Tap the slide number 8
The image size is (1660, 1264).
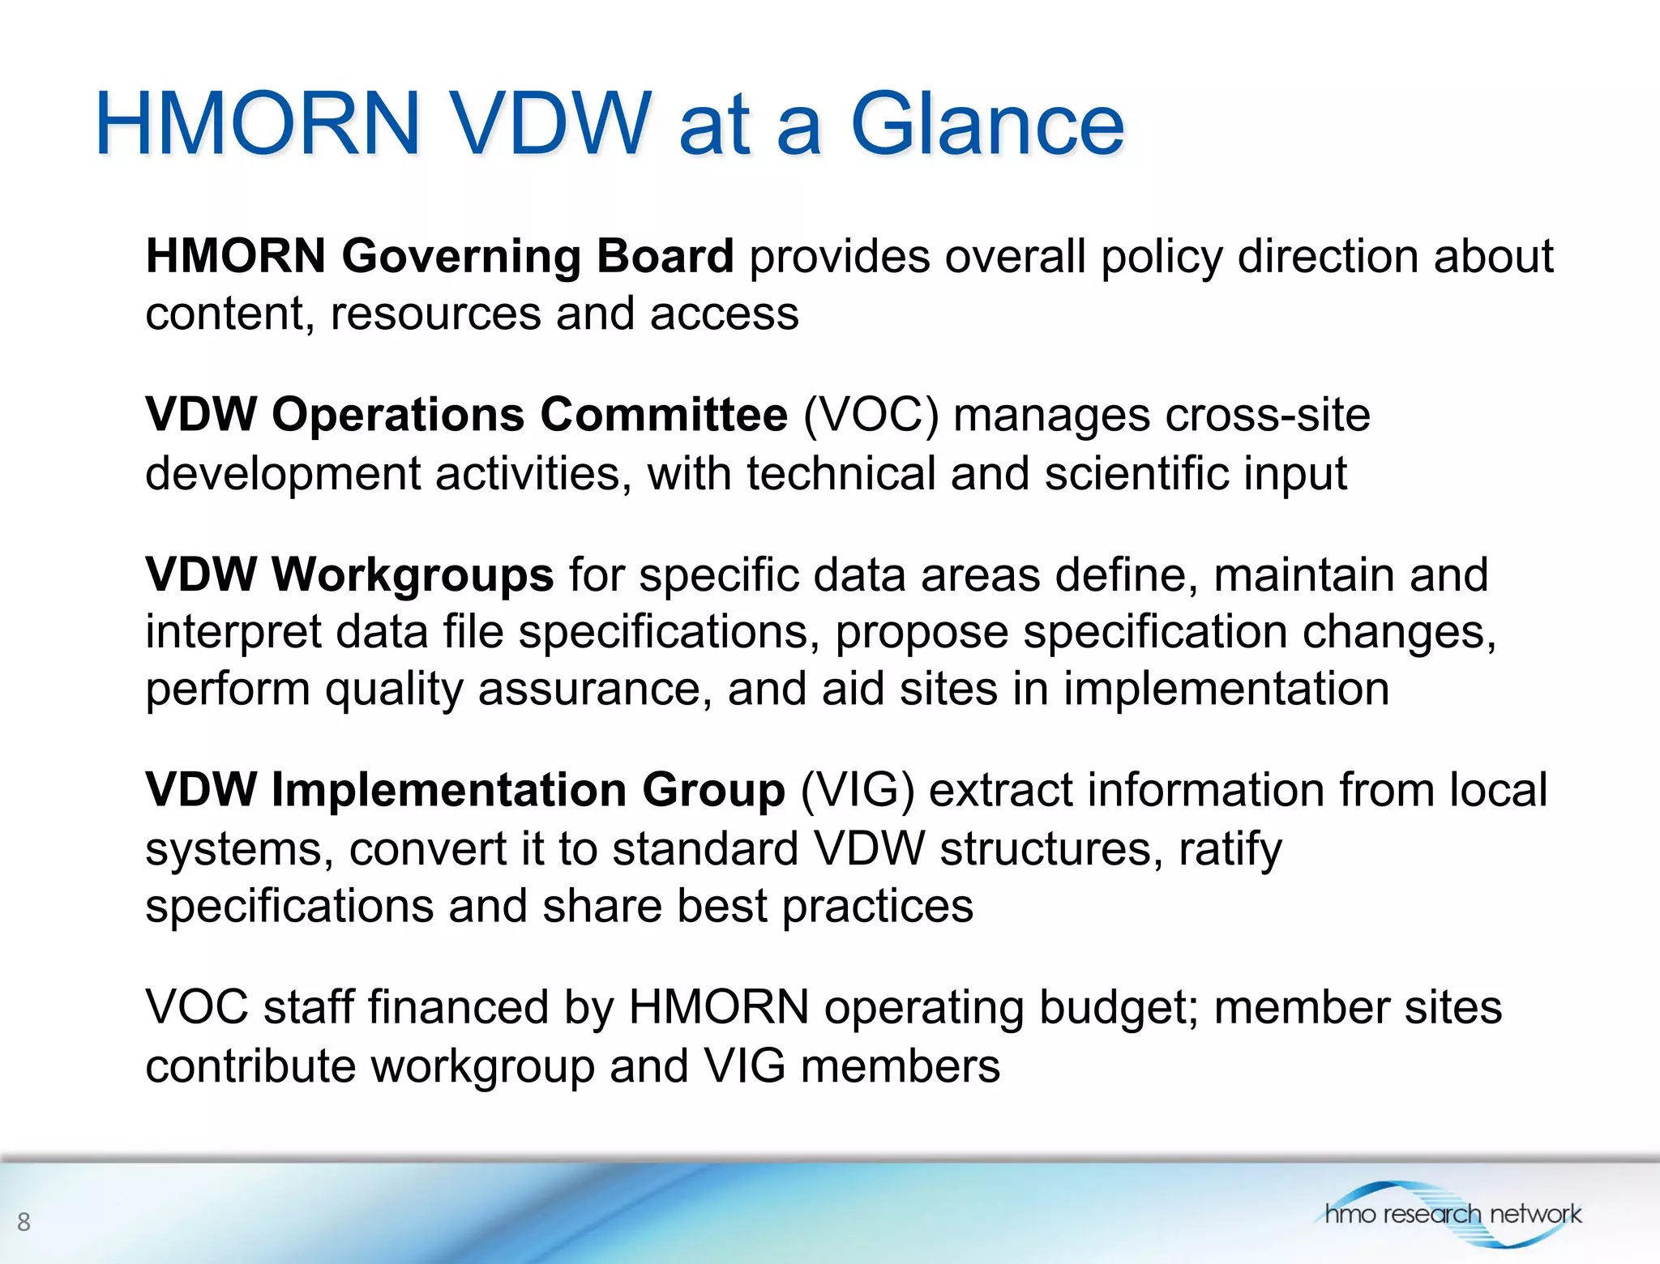click(24, 1221)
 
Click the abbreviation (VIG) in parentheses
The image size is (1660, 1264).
click(857, 790)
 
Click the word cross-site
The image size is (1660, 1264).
click(1267, 415)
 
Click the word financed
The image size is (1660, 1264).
click(458, 1007)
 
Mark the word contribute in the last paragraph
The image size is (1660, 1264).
click(250, 1065)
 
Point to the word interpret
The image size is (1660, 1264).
click(233, 632)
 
